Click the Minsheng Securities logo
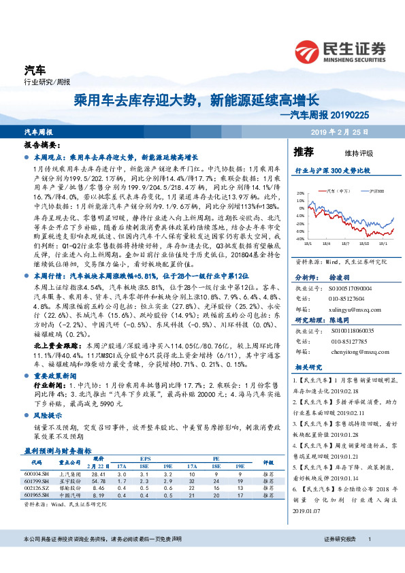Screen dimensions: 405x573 [338, 51]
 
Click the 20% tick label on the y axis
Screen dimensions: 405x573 [300, 194]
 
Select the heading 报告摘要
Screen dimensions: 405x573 [37, 146]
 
